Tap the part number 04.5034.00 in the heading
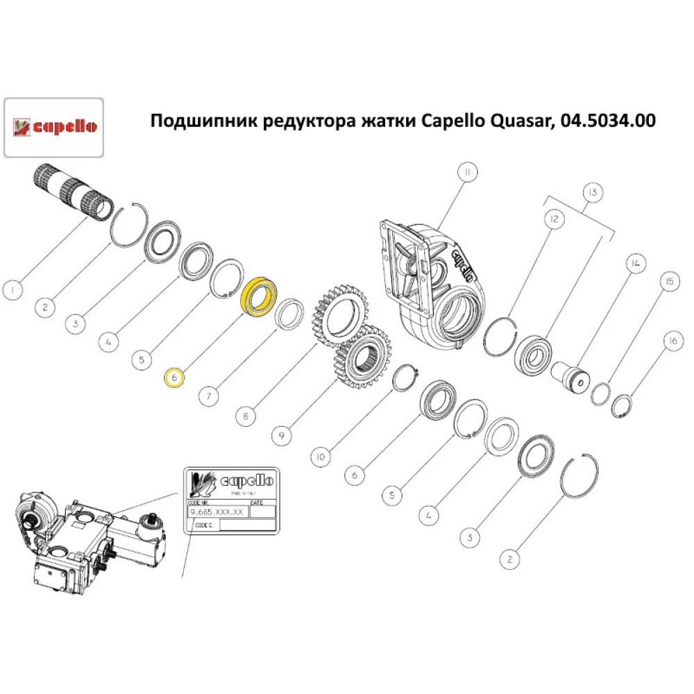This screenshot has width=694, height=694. [x=606, y=121]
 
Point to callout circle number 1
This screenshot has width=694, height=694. [x=12, y=289]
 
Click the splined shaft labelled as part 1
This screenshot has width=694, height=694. [x=72, y=189]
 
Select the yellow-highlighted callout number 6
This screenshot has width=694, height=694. [x=173, y=377]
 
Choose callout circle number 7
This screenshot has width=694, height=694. [x=209, y=396]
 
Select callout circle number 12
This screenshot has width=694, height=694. [x=554, y=220]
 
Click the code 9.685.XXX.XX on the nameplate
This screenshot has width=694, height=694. [x=217, y=511]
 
